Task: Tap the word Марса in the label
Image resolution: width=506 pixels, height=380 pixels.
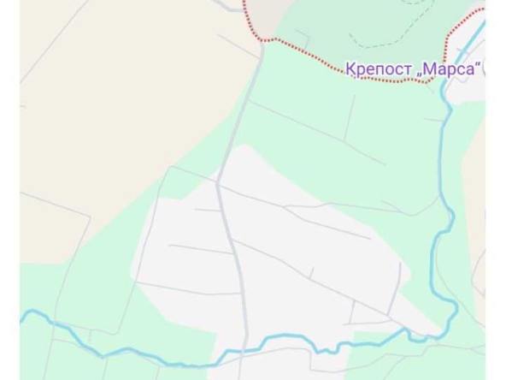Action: click(x=451, y=68)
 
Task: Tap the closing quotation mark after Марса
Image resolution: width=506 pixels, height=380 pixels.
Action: click(x=480, y=63)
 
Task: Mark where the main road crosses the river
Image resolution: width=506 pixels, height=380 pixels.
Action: click(x=245, y=352)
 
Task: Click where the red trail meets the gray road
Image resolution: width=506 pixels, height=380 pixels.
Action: click(x=263, y=39)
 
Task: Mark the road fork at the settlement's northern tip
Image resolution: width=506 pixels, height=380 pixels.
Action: click(x=219, y=182)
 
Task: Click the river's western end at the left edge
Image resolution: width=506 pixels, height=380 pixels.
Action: click(x=23, y=317)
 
